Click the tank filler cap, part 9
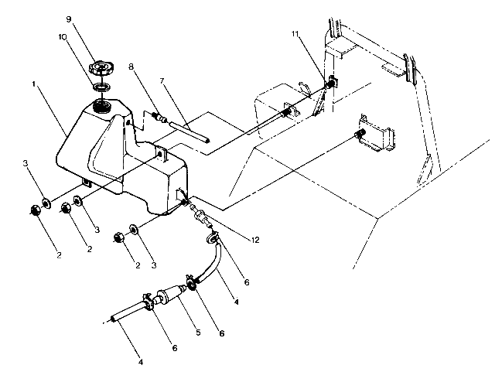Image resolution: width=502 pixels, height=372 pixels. pos(103,67)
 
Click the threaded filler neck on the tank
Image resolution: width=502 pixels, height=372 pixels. pos(101,104)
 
